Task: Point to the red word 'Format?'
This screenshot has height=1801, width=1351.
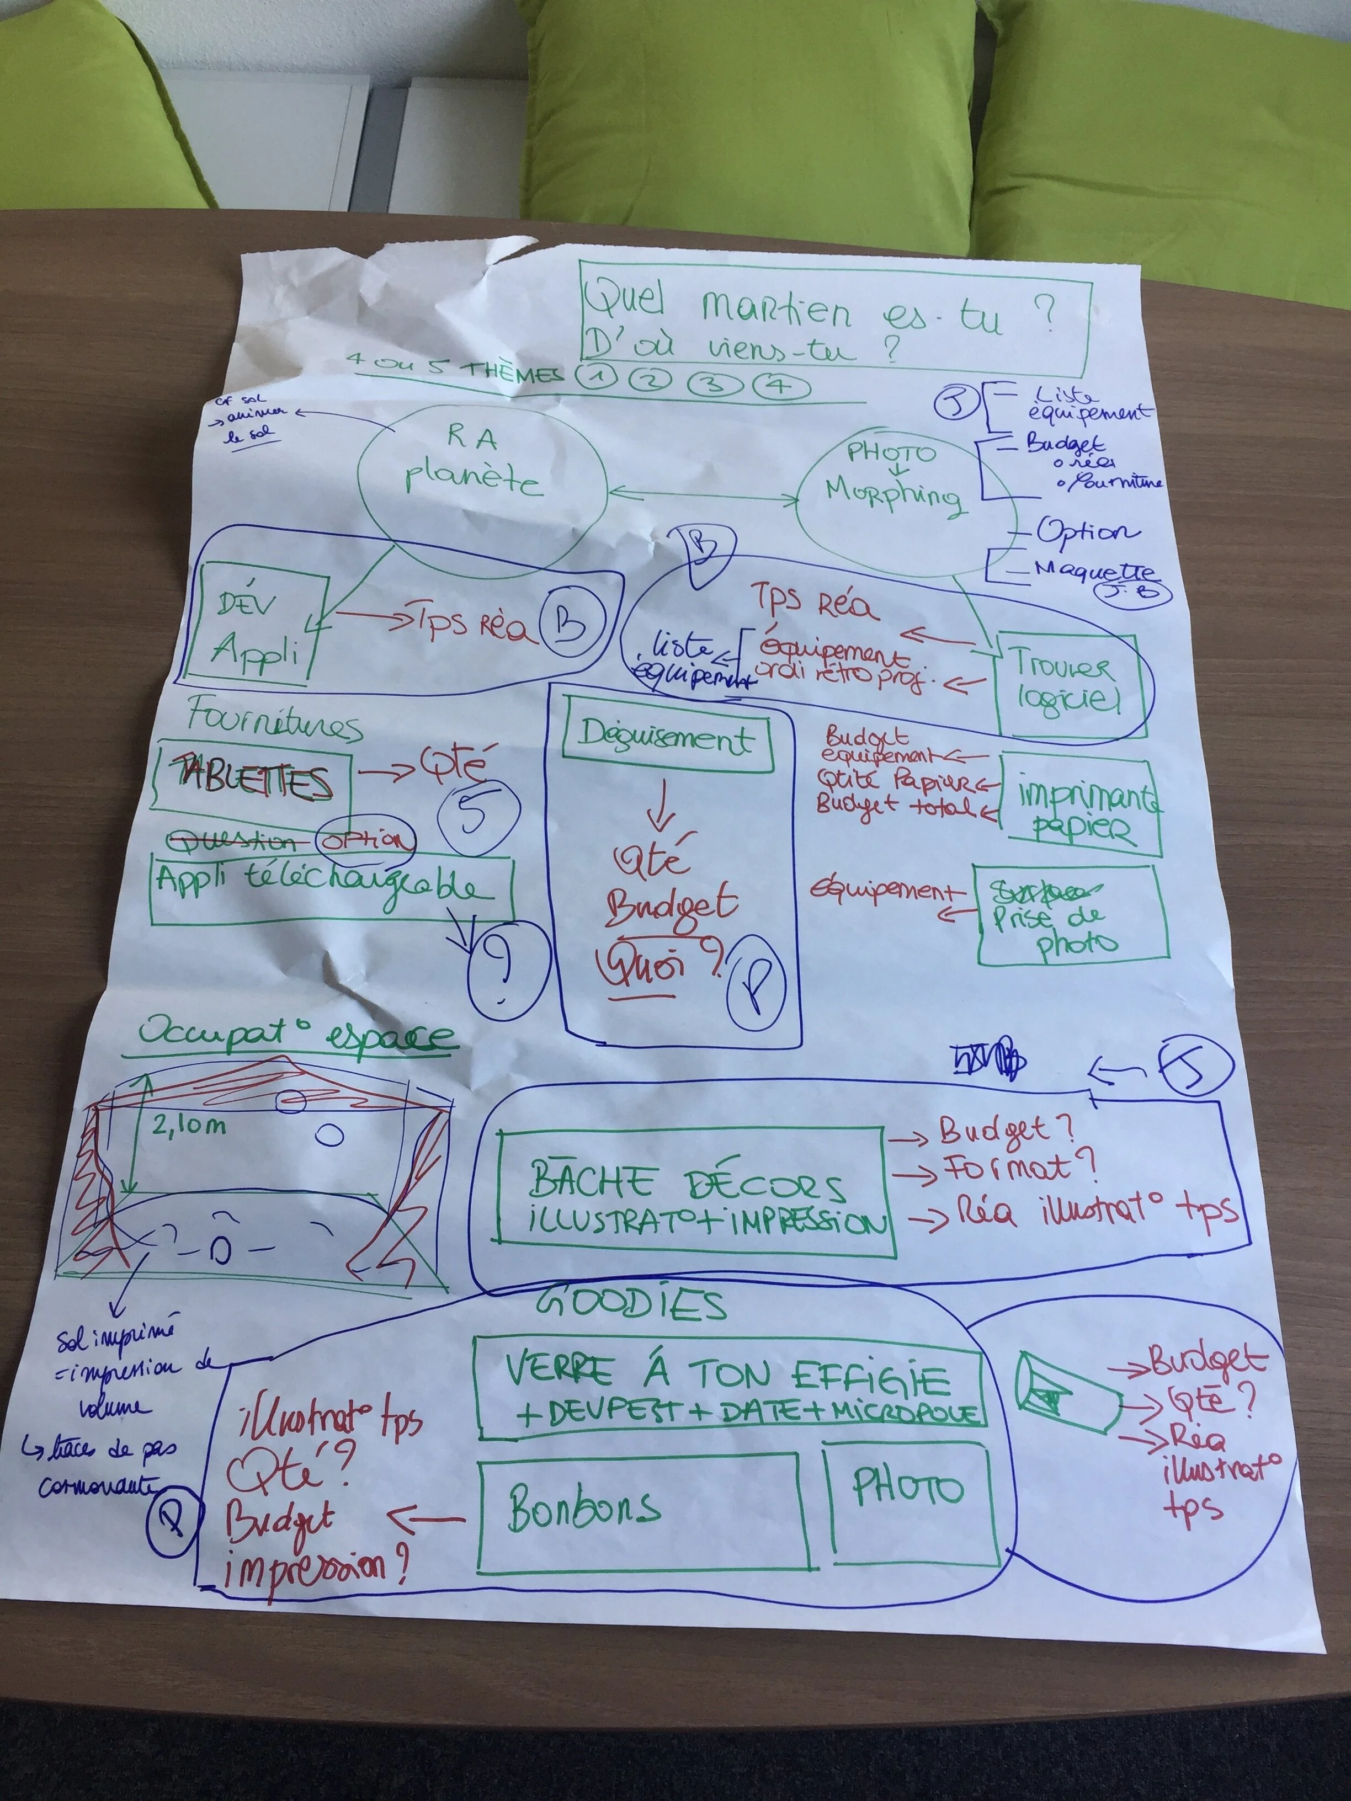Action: point(1019,1169)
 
